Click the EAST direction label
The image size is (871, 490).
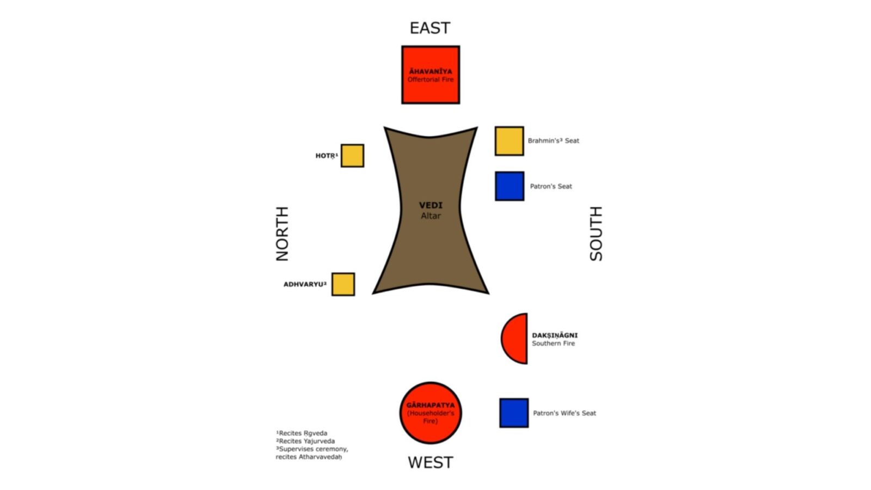pos(430,28)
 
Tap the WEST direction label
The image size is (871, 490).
pos(431,462)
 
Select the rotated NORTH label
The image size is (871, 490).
pos(283,234)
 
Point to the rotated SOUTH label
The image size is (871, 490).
pos(596,234)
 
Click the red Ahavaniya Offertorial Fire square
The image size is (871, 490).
pos(431,75)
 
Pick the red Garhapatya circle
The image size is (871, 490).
pos(431,413)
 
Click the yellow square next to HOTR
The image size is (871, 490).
pos(352,156)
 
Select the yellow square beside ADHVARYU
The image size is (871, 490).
pos(343,284)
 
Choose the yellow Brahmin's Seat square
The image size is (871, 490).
pos(509,141)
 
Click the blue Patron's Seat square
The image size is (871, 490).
pos(510,186)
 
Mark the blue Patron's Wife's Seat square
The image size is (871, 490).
pos(514,413)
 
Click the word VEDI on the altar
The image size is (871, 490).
pos(431,205)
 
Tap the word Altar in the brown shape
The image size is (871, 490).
pos(431,216)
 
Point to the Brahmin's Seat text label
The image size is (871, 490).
pos(553,141)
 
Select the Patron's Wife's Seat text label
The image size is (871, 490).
pos(564,413)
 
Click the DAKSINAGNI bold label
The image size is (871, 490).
pos(555,335)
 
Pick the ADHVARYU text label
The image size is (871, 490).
pos(305,284)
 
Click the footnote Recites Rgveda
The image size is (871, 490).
pos(302,433)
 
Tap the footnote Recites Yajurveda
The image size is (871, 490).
pos(305,441)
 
